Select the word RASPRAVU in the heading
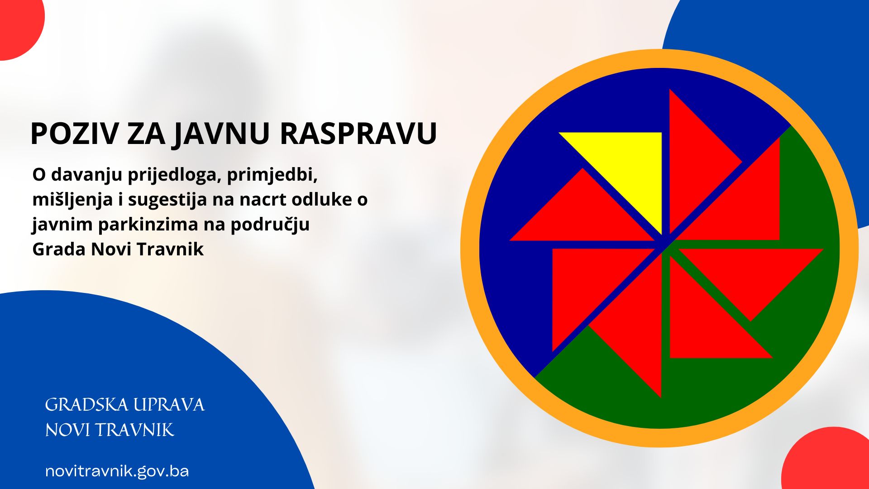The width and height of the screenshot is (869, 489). (358, 134)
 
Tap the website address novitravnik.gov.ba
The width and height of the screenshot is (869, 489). (117, 471)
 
